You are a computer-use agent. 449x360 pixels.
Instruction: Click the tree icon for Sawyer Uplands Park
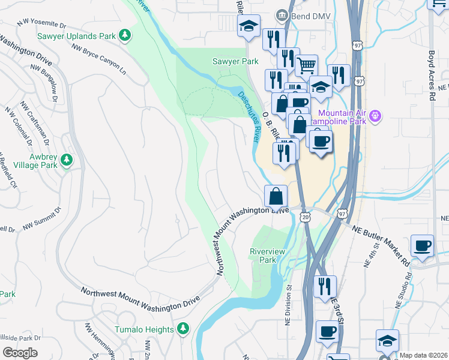[x=125, y=36]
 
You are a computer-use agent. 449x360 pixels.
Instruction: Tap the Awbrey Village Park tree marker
[x=67, y=160]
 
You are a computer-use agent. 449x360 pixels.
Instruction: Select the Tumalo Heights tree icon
[x=183, y=328]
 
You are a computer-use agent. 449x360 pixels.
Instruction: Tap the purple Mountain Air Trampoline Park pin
[x=376, y=115]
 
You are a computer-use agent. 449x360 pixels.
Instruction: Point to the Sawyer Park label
[x=235, y=61]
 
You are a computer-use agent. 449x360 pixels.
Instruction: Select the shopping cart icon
[x=306, y=64]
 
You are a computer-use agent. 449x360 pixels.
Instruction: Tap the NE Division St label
[x=288, y=303]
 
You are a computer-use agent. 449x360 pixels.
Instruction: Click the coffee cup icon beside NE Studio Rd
[x=422, y=245]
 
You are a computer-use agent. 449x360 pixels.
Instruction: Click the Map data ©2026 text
[x=424, y=355]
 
